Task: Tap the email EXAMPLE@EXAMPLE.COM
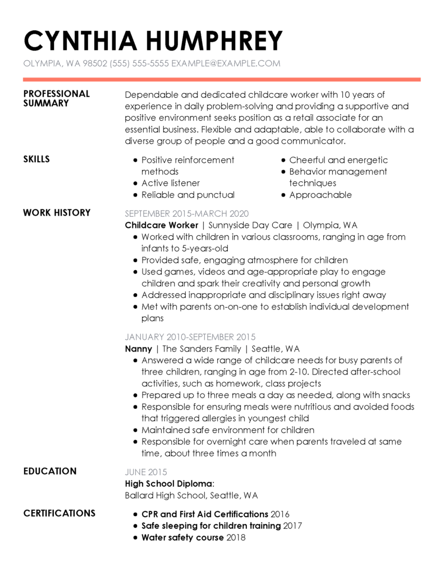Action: coord(226,63)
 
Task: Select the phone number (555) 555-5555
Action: coord(140,63)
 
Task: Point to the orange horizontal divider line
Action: coord(222,79)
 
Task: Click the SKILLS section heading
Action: coord(36,159)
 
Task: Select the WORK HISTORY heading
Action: coord(57,213)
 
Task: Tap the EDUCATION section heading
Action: coord(50,471)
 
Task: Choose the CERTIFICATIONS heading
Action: coord(59,513)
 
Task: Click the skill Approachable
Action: coord(321,195)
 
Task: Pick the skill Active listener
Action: coord(170,183)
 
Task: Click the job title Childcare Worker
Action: coord(162,225)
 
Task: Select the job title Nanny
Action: coord(138,349)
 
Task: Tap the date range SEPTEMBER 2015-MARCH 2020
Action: coord(186,213)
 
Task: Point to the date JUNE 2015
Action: coord(146,472)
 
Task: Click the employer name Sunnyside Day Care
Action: coord(250,225)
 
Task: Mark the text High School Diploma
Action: coord(169,483)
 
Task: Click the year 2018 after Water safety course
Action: coord(236,537)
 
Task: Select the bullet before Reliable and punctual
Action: coord(135,195)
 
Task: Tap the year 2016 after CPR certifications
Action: coord(280,514)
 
